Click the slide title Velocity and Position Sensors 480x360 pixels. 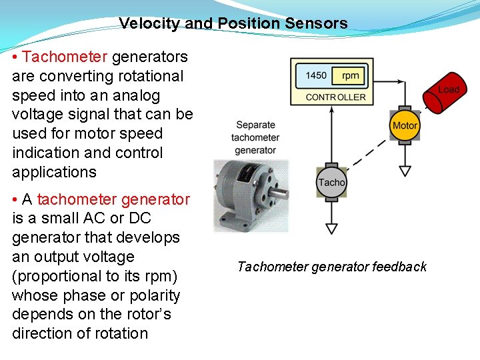pyautogui.click(x=233, y=23)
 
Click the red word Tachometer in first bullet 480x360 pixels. pyautogui.click(x=65, y=57)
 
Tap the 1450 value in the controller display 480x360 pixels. pyautogui.click(x=316, y=75)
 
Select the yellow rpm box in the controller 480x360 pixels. pyautogui.click(x=350, y=75)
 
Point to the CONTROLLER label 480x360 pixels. pyautogui.click(x=335, y=97)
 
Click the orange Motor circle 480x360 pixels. pyautogui.click(x=405, y=125)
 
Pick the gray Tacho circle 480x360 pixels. pyautogui.click(x=331, y=182)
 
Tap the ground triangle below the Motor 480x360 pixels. pyautogui.click(x=405, y=171)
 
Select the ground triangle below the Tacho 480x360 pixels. pyautogui.click(x=331, y=229)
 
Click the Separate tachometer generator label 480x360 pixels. pyautogui.click(x=255, y=137)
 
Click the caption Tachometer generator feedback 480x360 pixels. pyautogui.click(x=332, y=267)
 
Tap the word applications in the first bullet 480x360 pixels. pyautogui.click(x=54, y=172)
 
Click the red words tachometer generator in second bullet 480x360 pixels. pyautogui.click(x=113, y=199)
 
